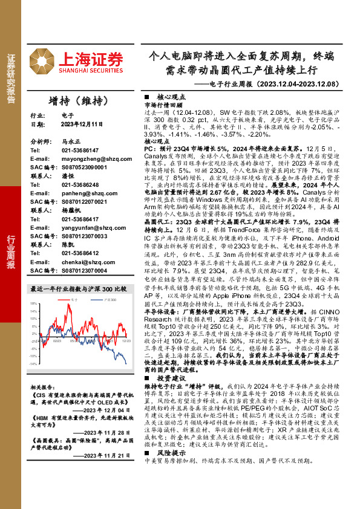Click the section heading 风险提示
(x=171, y=469)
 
